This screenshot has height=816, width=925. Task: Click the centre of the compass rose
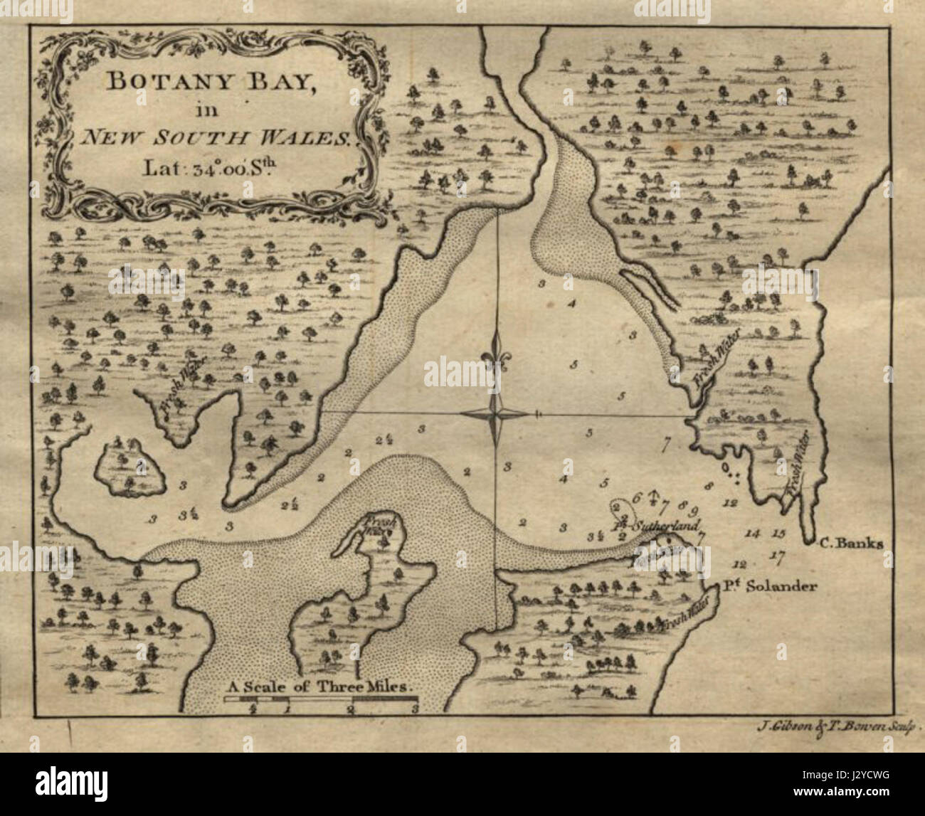pyautogui.click(x=496, y=413)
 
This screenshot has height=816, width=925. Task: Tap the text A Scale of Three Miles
pyautogui.click(x=320, y=687)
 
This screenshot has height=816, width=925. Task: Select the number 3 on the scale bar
pyautogui.click(x=414, y=709)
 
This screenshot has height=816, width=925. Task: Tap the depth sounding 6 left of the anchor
pyautogui.click(x=637, y=497)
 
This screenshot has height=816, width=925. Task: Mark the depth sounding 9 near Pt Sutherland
pyautogui.click(x=693, y=510)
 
